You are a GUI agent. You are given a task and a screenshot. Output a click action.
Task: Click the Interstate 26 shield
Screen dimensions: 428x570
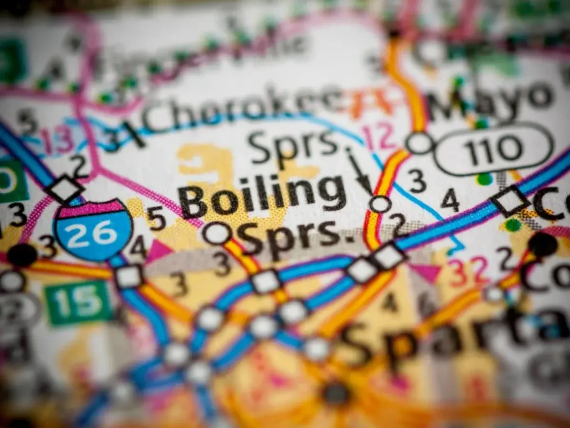tap(93, 230)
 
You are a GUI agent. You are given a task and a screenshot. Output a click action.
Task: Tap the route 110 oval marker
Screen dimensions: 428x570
tap(494, 149)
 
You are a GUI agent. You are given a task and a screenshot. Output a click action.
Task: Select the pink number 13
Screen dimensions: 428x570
tap(57, 140)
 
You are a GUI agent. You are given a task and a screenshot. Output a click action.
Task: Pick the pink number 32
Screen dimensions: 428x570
tap(468, 271)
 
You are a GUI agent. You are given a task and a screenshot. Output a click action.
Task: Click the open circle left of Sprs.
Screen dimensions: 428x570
tap(217, 233)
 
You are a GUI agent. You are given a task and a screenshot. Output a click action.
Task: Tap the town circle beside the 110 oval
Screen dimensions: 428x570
tap(420, 143)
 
